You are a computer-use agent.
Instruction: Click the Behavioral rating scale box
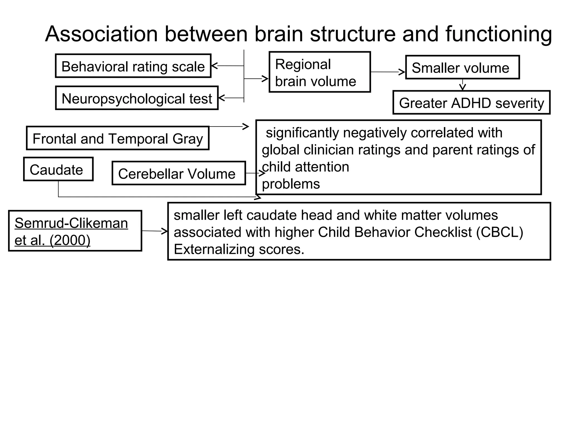tap(133, 66)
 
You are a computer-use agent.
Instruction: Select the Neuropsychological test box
tap(137, 98)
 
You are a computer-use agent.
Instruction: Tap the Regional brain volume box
tap(320, 72)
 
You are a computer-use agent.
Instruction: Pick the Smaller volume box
tap(462, 68)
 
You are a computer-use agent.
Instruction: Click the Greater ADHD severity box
tap(471, 103)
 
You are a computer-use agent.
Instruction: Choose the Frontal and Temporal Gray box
tap(118, 138)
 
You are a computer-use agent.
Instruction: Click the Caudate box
tap(58, 169)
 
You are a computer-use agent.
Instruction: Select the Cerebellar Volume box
tap(179, 173)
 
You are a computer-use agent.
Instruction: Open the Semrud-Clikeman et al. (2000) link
tap(71, 231)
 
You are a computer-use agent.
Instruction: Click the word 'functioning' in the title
tap(498, 34)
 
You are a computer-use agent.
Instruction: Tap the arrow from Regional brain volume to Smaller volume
tap(388, 72)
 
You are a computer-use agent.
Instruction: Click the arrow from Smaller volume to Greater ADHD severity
tap(462, 85)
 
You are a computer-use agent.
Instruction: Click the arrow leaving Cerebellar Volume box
tap(255, 173)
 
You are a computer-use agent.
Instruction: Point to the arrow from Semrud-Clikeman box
tap(155, 231)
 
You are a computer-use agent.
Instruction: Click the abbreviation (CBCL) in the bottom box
tap(499, 232)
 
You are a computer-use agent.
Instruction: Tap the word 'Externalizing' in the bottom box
tap(213, 249)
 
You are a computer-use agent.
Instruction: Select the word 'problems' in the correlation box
tap(291, 184)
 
